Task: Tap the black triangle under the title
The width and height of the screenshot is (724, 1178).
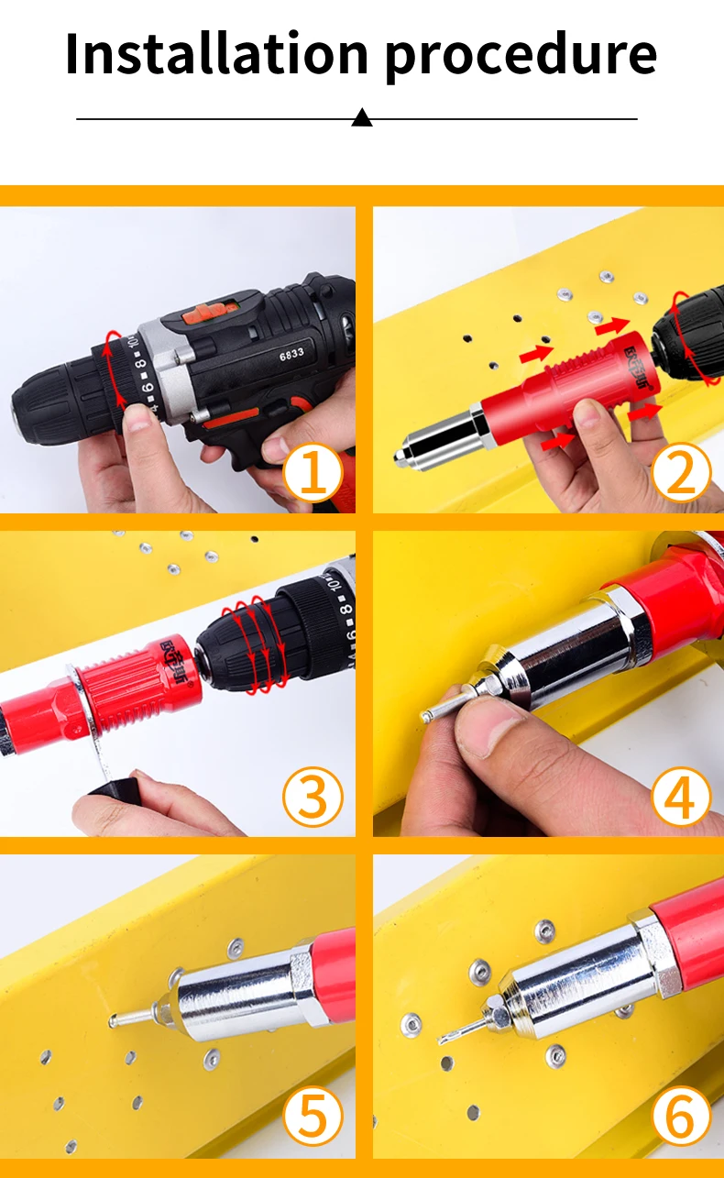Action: [x=362, y=117]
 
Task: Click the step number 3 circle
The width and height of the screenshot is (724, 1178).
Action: [x=313, y=798]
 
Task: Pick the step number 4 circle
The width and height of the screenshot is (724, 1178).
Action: [x=681, y=798]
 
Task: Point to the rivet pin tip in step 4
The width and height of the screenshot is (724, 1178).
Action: [x=427, y=714]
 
